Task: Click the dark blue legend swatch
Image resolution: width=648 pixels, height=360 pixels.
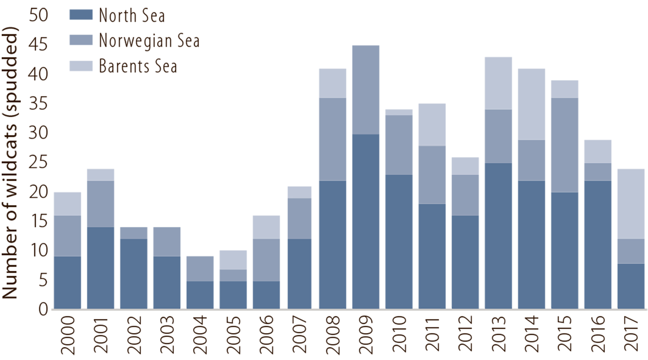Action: (x=78, y=17)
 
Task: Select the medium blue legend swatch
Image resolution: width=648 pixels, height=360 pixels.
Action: (x=78, y=39)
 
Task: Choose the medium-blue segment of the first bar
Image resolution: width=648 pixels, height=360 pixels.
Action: (x=67, y=236)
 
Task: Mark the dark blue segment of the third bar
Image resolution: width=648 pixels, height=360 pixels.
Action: (x=133, y=273)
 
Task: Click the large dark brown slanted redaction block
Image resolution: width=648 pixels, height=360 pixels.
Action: (x=169, y=67)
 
